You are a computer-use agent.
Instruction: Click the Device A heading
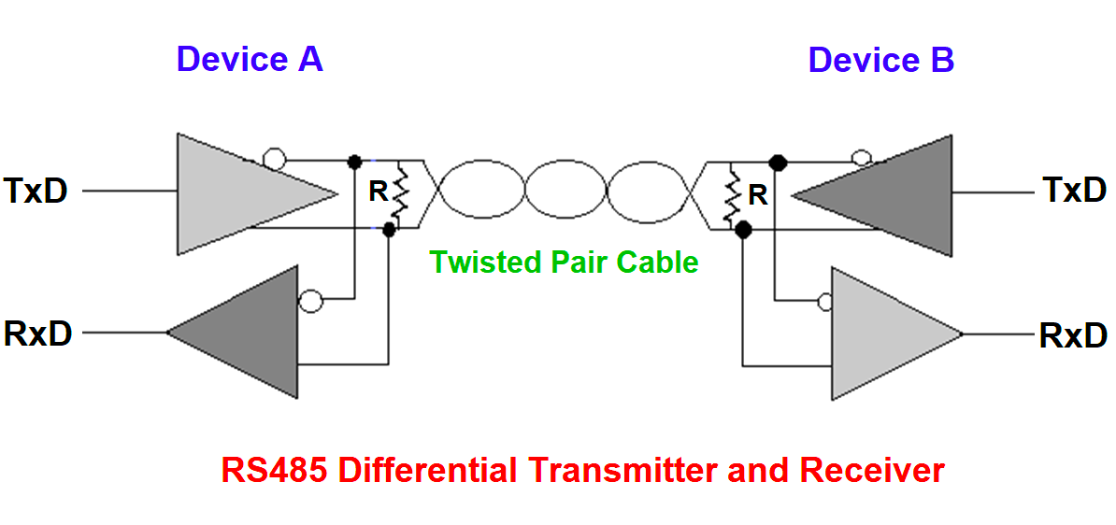(x=249, y=60)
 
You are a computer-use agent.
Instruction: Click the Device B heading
(x=880, y=60)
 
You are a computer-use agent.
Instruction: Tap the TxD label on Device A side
(x=36, y=192)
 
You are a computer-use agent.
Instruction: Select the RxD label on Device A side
(x=38, y=333)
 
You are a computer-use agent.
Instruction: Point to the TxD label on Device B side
(x=1075, y=192)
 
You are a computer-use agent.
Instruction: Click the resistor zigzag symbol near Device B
(x=731, y=194)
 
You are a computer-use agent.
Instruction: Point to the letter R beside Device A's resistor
(x=379, y=192)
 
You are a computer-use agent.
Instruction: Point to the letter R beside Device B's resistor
(x=758, y=195)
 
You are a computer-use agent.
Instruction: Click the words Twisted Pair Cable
(x=564, y=262)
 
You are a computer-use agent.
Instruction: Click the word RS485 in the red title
(x=274, y=470)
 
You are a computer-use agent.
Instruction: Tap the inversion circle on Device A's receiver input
(x=309, y=301)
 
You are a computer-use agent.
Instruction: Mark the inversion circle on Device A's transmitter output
(x=273, y=160)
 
